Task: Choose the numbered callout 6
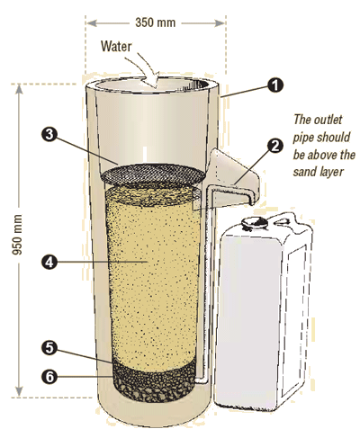point(49,375)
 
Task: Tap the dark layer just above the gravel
point(150,365)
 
